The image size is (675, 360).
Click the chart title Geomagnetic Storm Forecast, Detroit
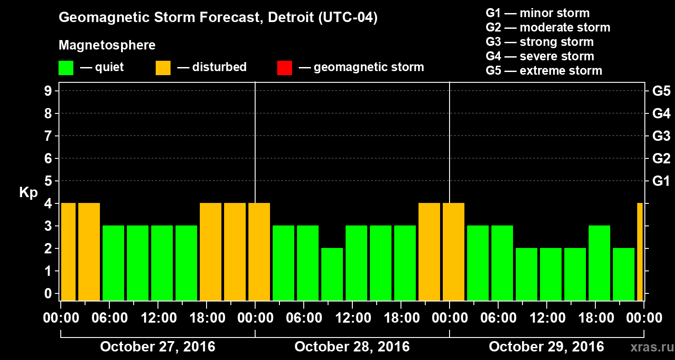pos(218,18)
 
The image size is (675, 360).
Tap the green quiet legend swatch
pos(66,68)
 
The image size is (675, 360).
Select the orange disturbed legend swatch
pos(163,68)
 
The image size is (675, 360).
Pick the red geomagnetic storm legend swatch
pos(284,68)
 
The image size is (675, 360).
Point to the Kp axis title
pos(28,192)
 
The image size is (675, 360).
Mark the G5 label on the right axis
pos(661,91)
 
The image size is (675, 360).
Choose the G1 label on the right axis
pos(661,181)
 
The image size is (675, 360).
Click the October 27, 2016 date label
pos(157,347)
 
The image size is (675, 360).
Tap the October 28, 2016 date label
pos(352,347)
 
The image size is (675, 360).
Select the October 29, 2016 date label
pos(546,347)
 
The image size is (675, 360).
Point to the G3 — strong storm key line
pos(540,42)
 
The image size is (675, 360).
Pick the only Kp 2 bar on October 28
pos(332,274)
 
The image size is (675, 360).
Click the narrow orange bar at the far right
pos(640,252)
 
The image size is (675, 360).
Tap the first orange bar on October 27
pos(68,252)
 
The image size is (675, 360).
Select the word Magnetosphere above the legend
pos(107,45)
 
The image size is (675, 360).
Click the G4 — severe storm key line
pos(540,56)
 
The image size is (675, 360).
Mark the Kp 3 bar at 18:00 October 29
pos(599,263)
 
